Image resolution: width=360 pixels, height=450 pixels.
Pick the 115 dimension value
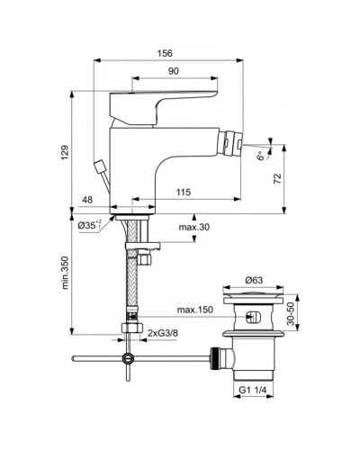tap(183, 193)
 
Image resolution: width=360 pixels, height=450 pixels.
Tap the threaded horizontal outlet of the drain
tap(218, 358)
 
